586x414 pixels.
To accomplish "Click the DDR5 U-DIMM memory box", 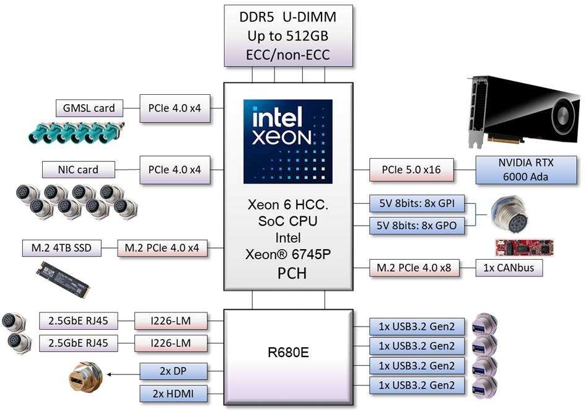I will point(289,35).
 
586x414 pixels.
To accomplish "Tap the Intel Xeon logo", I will point(288,141).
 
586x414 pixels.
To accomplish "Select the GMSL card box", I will point(89,108).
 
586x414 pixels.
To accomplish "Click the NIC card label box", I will point(78,169).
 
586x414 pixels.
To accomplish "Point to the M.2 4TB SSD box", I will point(56,249).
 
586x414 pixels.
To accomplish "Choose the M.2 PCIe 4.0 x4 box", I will point(162,249).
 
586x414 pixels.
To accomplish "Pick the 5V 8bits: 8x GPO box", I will point(417,226).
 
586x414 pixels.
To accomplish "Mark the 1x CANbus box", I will point(509,268).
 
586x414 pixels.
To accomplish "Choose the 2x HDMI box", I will point(173,393).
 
